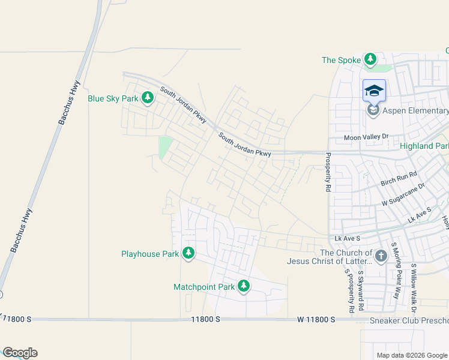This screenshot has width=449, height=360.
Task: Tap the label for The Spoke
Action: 341,60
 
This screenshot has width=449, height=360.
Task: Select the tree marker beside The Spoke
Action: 371,59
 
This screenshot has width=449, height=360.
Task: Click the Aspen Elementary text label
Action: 415,111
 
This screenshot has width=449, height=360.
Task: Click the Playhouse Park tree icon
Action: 188,254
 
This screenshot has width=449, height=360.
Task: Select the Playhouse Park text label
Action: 150,254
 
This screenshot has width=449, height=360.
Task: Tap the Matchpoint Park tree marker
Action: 244,287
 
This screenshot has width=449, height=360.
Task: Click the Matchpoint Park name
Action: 204,287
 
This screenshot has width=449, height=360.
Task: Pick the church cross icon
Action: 381,257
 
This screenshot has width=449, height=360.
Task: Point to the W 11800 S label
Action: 316,320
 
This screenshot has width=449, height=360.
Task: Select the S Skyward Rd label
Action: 361,290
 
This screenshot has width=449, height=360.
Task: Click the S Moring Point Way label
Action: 395,270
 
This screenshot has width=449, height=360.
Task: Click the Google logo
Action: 20,353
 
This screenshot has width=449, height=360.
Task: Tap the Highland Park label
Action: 424,146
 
